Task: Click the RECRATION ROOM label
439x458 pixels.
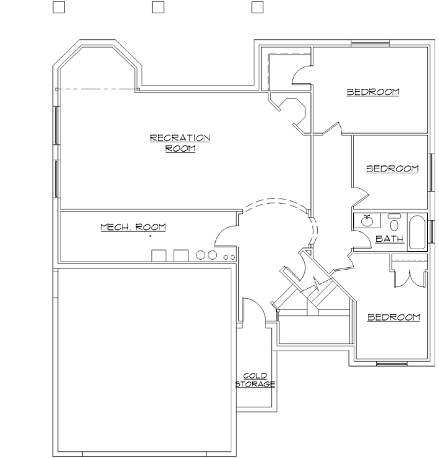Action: pyautogui.click(x=180, y=143)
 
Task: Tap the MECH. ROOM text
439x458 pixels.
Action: pyautogui.click(x=133, y=227)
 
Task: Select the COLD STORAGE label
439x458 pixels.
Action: pyautogui.click(x=255, y=380)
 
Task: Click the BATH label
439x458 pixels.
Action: pyautogui.click(x=390, y=239)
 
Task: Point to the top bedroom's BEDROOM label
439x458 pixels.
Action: pyautogui.click(x=372, y=92)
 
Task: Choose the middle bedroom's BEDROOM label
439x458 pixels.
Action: pyautogui.click(x=392, y=168)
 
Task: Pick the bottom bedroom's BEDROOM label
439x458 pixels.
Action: pyautogui.click(x=394, y=317)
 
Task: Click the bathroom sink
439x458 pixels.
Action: pyautogui.click(x=366, y=221)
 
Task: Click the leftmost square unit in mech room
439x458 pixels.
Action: pyautogui.click(x=159, y=255)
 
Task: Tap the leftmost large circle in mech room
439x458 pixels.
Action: pyautogui.click(x=201, y=255)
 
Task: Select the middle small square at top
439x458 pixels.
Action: pyautogui.click(x=158, y=7)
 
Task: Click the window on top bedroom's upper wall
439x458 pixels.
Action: pyautogui.click(x=371, y=43)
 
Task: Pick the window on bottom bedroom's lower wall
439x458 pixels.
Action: pyautogui.click(x=392, y=362)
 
